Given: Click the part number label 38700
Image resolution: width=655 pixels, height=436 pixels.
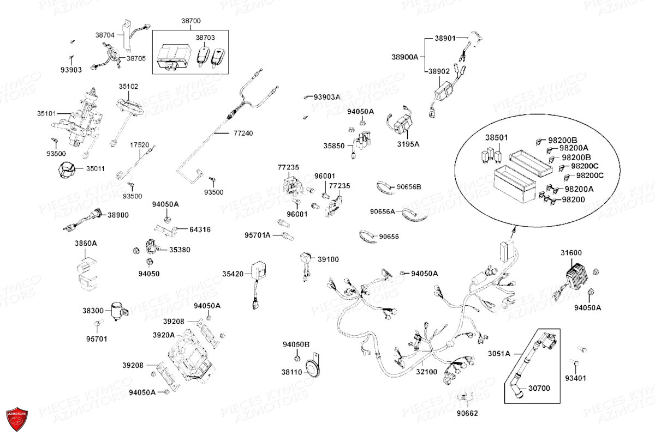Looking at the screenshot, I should click(191, 21).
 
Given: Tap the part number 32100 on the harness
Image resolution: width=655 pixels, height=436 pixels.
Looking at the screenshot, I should click(427, 371).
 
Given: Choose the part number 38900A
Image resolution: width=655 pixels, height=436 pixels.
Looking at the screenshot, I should click(404, 57).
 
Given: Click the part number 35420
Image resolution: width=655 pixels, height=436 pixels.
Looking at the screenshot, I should click(233, 274).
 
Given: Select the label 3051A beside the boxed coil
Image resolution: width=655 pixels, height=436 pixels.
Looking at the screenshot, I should click(499, 353).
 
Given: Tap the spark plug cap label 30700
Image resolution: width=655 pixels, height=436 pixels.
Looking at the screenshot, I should click(540, 389).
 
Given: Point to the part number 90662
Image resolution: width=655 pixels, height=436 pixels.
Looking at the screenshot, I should click(467, 413).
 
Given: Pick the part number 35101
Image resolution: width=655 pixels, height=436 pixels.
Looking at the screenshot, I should click(46, 114).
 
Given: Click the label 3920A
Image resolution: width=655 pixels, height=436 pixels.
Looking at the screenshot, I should click(163, 335).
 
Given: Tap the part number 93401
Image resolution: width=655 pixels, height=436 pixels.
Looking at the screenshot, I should click(575, 378).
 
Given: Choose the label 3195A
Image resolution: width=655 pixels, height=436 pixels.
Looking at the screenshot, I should click(409, 144).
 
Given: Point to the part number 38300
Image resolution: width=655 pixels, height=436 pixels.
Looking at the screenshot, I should click(93, 310).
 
